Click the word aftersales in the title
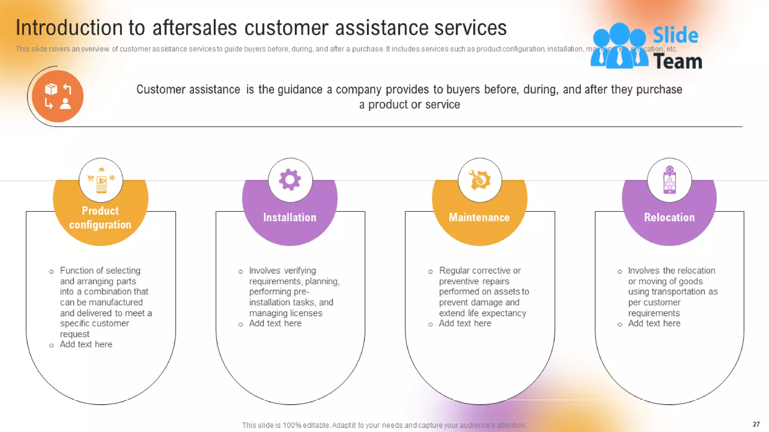(x=195, y=28)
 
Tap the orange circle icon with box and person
(x=57, y=96)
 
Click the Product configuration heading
(x=100, y=217)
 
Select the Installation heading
(x=290, y=217)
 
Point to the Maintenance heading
(x=479, y=217)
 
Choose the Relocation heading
(x=669, y=217)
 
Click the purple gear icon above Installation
(x=290, y=180)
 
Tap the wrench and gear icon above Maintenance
(x=479, y=180)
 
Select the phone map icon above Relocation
(x=669, y=180)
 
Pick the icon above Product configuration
(x=101, y=180)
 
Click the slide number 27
(x=756, y=424)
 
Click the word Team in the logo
(x=678, y=61)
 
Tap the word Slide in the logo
(x=675, y=36)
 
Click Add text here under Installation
(x=275, y=323)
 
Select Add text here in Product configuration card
(x=86, y=344)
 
